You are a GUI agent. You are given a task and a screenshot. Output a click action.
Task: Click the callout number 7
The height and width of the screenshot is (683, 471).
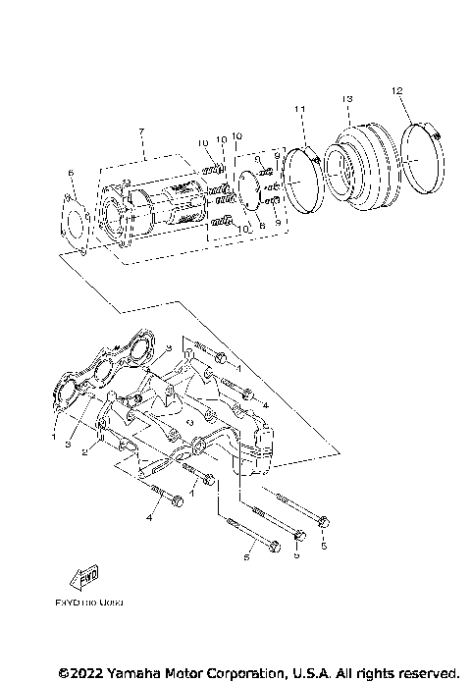[x=141, y=131]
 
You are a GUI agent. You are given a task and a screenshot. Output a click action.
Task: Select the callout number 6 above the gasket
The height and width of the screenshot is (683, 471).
[x=71, y=173]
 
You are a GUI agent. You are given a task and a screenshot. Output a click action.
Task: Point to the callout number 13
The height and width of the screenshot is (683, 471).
[x=346, y=100]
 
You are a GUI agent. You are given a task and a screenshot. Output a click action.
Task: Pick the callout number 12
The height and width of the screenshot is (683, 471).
[x=396, y=90]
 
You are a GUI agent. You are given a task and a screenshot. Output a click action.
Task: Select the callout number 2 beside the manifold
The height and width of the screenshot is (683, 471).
[x=86, y=452]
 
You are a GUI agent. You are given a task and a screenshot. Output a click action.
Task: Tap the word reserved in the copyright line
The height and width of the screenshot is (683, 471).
[x=425, y=672]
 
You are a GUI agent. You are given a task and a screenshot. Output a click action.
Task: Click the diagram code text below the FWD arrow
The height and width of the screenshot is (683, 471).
[x=82, y=605]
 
